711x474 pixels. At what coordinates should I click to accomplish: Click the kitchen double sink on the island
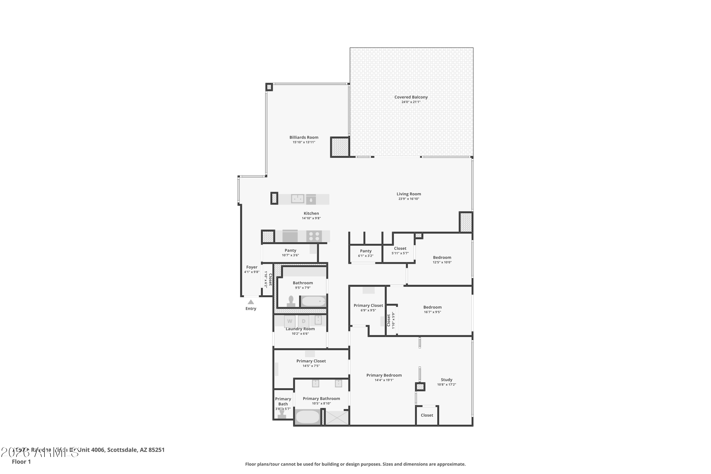297,199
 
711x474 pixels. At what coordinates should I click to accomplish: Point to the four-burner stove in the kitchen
314,236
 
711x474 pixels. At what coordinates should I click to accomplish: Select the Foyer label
251,267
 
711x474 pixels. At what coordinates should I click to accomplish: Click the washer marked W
290,321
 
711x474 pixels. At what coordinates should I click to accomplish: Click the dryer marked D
304,321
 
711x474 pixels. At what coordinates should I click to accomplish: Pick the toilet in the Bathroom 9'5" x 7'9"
291,302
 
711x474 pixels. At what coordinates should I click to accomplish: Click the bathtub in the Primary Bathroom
307,417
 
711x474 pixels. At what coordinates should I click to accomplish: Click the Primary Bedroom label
384,375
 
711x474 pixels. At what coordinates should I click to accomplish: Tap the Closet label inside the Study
427,415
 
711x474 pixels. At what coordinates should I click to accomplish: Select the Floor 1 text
21,462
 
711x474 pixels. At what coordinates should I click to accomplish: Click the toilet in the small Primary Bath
282,414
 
